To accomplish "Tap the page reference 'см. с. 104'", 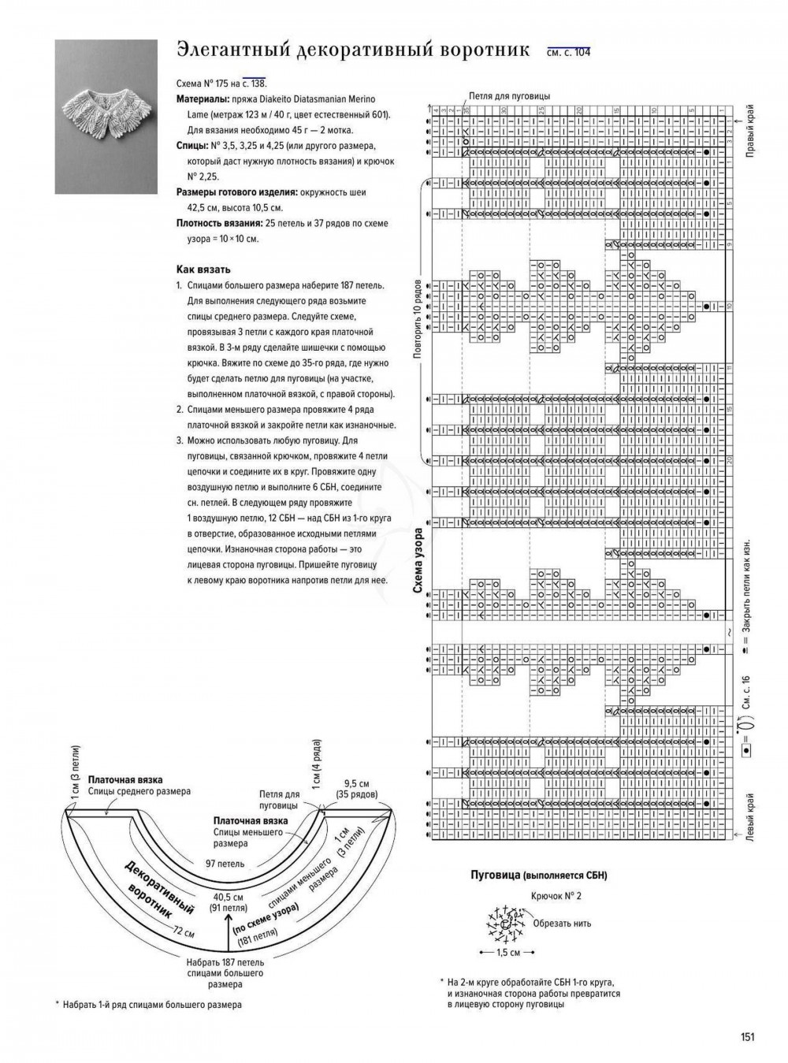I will pyautogui.click(x=568, y=53).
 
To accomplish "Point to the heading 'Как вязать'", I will pyautogui.click(x=203, y=269).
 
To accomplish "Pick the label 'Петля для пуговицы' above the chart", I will pyautogui.click(x=509, y=96).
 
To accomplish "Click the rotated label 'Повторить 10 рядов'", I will pyautogui.click(x=418, y=318).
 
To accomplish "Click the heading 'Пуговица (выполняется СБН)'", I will pyautogui.click(x=539, y=875).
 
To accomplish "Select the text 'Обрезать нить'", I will pyautogui.click(x=561, y=924).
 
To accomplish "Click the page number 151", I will pyautogui.click(x=747, y=1037).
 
